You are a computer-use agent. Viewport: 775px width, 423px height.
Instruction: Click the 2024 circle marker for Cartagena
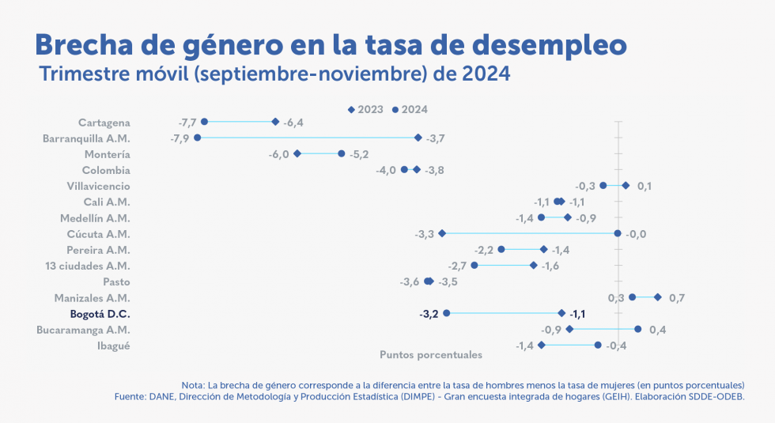point(204,122)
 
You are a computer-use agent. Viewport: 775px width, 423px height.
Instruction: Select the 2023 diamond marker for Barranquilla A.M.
point(418,138)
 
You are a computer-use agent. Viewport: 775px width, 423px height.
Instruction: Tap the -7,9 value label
point(180,138)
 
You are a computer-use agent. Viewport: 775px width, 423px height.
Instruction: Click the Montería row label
point(107,154)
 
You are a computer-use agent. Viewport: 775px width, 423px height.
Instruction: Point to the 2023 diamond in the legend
point(352,109)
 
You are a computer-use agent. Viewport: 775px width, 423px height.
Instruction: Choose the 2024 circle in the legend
point(395,109)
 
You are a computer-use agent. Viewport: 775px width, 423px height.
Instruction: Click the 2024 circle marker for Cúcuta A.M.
point(618,233)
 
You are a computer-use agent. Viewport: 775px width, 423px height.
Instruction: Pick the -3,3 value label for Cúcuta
point(425,234)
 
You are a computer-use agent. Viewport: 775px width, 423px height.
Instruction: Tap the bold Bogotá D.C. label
point(100,314)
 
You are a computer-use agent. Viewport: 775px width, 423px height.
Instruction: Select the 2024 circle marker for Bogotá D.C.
point(447,313)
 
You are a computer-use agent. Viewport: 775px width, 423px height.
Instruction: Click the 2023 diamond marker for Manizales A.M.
point(658,297)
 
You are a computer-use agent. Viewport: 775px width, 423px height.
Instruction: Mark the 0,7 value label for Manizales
point(677,298)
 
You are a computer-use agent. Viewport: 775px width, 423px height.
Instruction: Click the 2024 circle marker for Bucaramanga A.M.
point(638,329)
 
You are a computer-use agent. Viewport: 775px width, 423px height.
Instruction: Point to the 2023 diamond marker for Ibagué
point(541,345)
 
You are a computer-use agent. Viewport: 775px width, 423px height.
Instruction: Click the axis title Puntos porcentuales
point(431,355)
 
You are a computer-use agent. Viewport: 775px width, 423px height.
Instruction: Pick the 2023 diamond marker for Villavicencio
point(626,186)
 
